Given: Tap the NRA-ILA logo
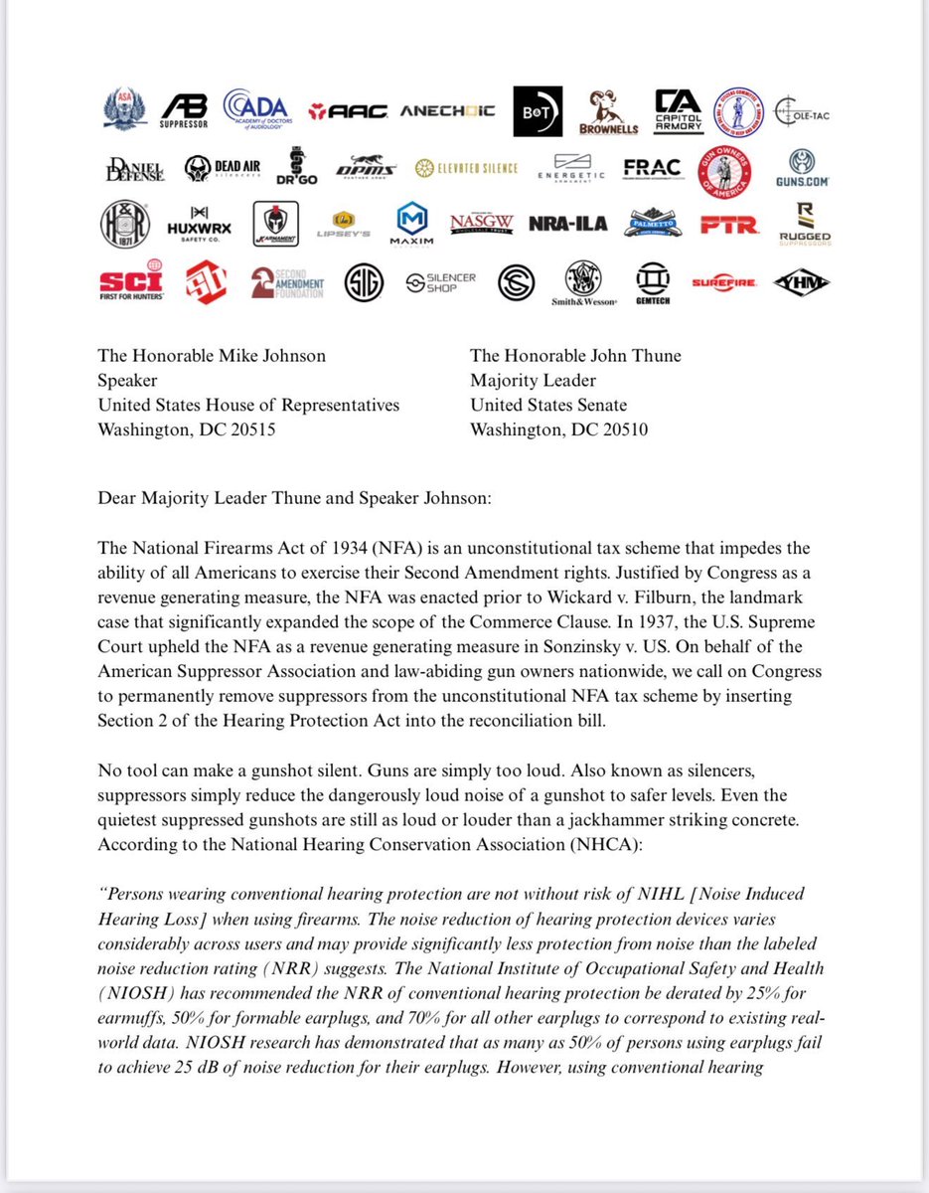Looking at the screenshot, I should click(x=560, y=224).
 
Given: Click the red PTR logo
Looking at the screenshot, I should click(x=728, y=226).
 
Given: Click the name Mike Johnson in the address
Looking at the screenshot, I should click(x=268, y=356).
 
